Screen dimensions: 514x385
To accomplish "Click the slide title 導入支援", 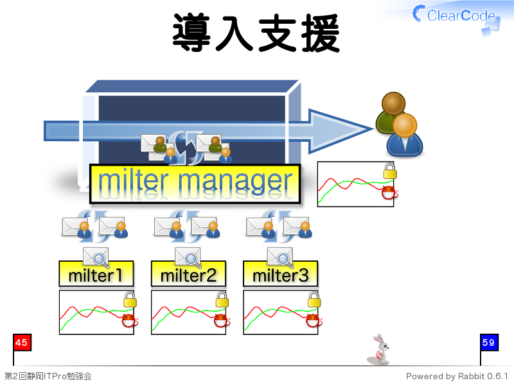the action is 256,33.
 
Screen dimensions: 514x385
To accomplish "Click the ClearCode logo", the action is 456,17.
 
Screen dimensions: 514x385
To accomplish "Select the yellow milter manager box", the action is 195,184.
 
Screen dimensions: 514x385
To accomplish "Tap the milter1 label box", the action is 96,274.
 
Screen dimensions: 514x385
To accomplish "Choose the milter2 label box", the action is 188,274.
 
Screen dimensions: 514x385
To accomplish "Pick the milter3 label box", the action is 280,274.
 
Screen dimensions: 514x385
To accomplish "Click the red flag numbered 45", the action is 22,343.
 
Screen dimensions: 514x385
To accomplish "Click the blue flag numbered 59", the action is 489,343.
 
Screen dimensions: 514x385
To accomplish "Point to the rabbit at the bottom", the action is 378,350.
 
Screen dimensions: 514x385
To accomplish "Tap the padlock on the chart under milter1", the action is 130,299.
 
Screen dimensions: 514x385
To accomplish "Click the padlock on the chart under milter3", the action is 314,299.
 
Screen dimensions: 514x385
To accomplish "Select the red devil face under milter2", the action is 221,320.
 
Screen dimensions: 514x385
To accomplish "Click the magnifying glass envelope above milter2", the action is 188,257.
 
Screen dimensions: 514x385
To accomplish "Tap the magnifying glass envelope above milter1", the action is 96,257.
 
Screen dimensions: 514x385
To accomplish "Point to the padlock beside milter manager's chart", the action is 390,171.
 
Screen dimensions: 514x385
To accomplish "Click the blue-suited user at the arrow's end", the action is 405,135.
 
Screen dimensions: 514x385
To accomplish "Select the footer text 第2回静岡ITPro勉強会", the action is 48,376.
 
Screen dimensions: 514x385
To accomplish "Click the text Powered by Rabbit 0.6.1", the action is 457,376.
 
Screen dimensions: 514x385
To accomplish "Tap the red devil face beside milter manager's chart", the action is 389,193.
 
